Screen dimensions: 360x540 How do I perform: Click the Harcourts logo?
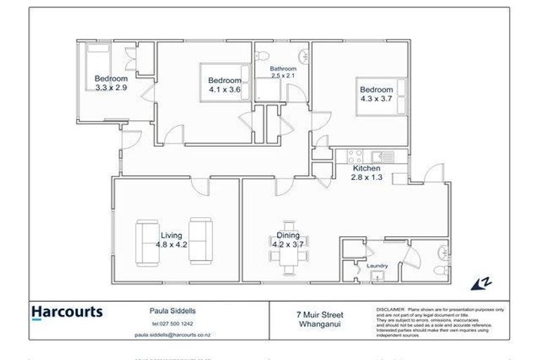[x=67, y=311]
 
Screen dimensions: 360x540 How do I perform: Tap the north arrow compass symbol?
[x=480, y=283]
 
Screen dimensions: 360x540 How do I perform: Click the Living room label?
[x=171, y=236]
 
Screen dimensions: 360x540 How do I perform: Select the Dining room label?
[x=288, y=236]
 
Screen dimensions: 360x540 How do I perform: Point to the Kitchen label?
[x=366, y=169]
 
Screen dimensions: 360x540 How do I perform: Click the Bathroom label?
[x=283, y=69]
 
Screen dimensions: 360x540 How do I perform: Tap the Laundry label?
[x=377, y=266]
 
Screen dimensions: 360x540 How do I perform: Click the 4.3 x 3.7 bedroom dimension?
[x=376, y=99]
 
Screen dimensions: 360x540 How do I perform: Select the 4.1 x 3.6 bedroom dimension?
[x=225, y=89]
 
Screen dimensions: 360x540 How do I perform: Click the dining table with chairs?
[x=288, y=260]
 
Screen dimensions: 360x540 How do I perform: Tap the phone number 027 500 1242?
[x=172, y=323]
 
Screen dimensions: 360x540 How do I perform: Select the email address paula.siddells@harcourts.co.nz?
[x=172, y=335]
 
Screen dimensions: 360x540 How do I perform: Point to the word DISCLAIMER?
[x=390, y=309]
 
